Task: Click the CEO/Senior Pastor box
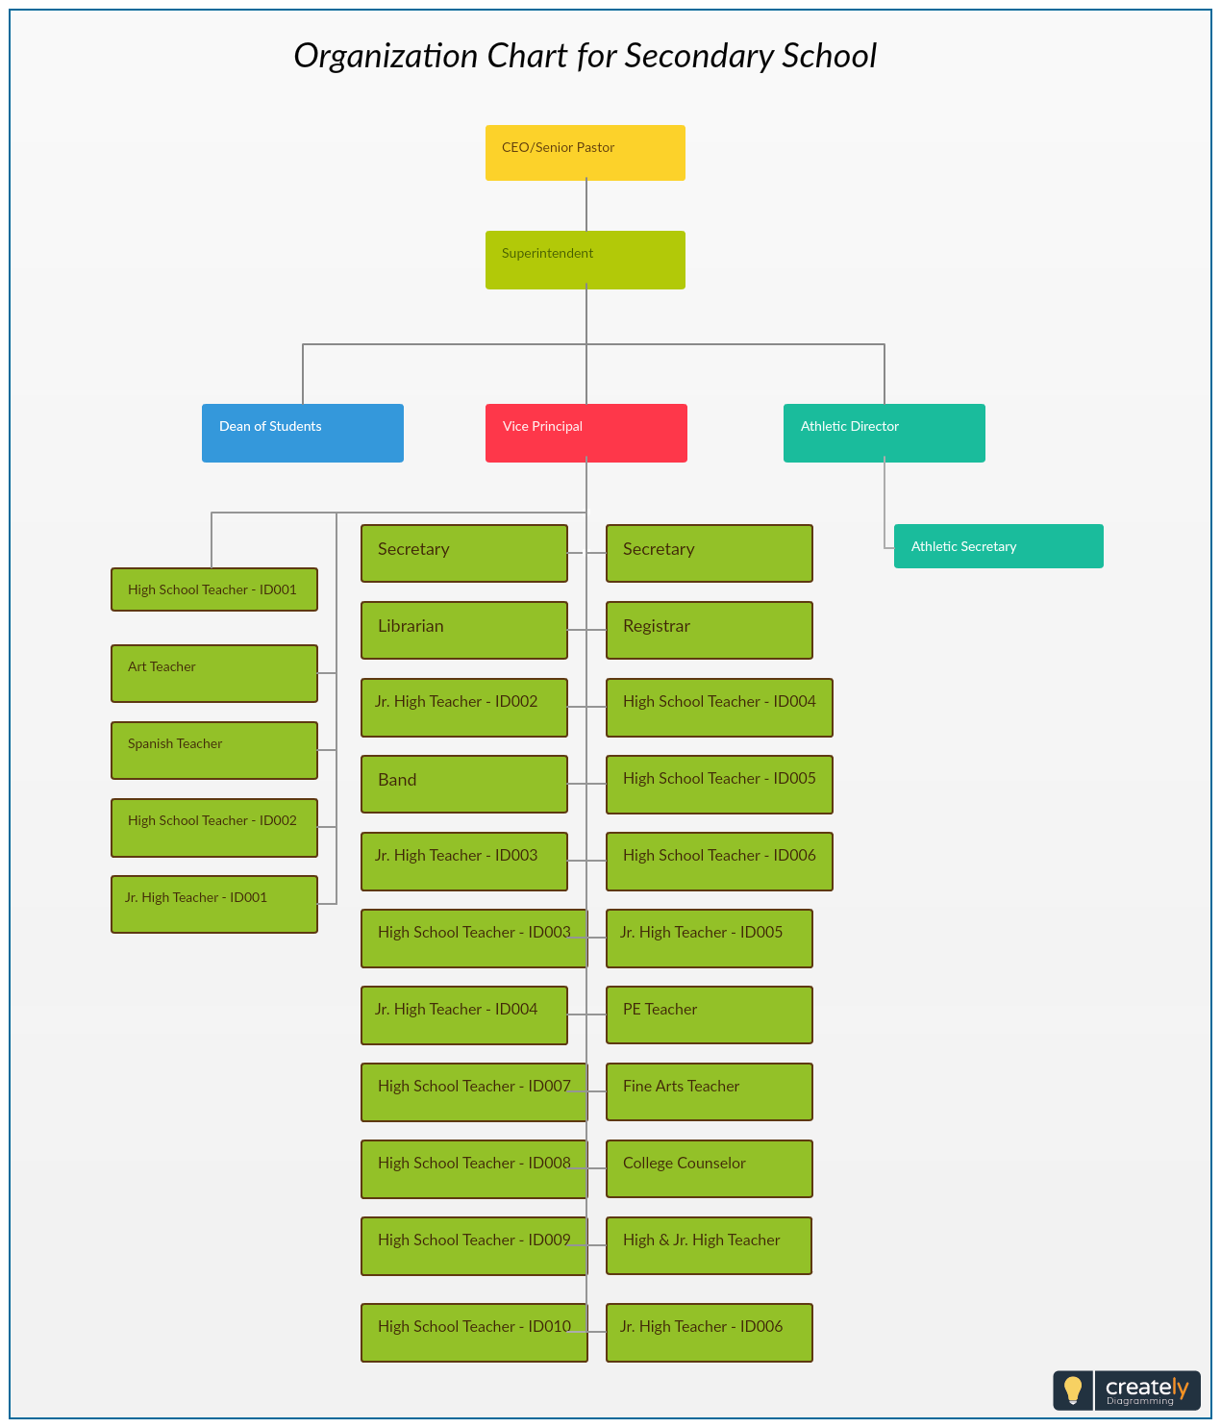click(x=585, y=153)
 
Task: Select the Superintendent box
click(x=585, y=260)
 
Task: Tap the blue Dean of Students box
click(x=303, y=433)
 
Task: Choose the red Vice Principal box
click(x=586, y=433)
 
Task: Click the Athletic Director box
click(x=884, y=433)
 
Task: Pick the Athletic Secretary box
click(x=998, y=546)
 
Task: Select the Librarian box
click(x=464, y=629)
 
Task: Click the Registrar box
click(x=710, y=629)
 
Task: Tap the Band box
click(x=464, y=784)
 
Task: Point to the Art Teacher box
click(x=214, y=673)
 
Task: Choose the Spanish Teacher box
click(x=214, y=749)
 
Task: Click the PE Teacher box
click(x=710, y=1015)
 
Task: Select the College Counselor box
click(x=710, y=1168)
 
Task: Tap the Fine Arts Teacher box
click(x=710, y=1090)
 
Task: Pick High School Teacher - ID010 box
click(x=474, y=1332)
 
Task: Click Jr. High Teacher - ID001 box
click(x=214, y=904)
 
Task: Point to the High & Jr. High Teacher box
click(x=709, y=1245)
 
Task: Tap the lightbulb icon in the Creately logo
click(x=1073, y=1390)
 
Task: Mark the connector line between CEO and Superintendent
click(x=586, y=206)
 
